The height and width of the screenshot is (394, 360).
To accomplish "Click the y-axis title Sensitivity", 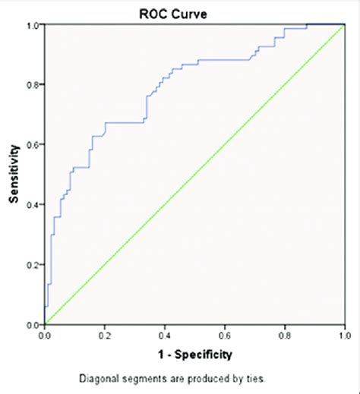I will coord(13,175).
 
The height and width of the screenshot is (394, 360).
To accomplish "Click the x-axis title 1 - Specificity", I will coord(194,354).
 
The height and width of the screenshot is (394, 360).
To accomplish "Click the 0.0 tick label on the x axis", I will coord(45,335).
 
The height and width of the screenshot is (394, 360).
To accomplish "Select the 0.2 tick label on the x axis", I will coord(105,335).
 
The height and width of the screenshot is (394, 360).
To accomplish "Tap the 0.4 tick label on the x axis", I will coord(165,335).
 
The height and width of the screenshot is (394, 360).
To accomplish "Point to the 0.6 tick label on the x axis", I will coord(225,335).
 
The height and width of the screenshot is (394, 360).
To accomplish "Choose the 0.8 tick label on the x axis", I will coord(285,335).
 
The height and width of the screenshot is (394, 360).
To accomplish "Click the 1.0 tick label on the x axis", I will coord(345,335).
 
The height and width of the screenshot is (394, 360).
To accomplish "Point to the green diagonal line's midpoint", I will coord(195,175).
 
